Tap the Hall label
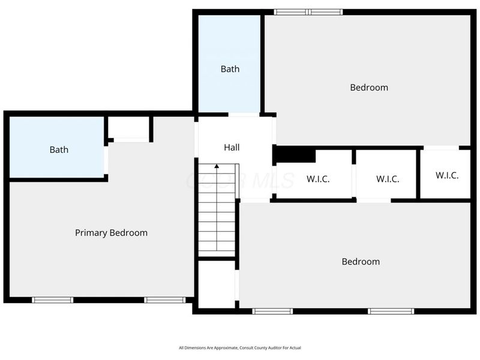coord(232,147)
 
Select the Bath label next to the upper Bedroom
coord(230,69)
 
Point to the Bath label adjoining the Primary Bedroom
coord(59,150)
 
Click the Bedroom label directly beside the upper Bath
coord(369,88)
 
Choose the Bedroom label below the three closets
coord(361,262)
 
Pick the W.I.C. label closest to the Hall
coord(318,179)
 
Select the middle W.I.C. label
coord(388,179)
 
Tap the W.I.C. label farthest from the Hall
coord(447,176)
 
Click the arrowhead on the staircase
coord(217,166)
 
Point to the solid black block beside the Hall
coord(295,155)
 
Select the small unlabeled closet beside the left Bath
coord(128,128)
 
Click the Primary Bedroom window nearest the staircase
coord(165,300)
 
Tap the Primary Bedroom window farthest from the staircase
coord(53,300)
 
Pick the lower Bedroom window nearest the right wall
coord(391,311)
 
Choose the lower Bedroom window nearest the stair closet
coord(272,311)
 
